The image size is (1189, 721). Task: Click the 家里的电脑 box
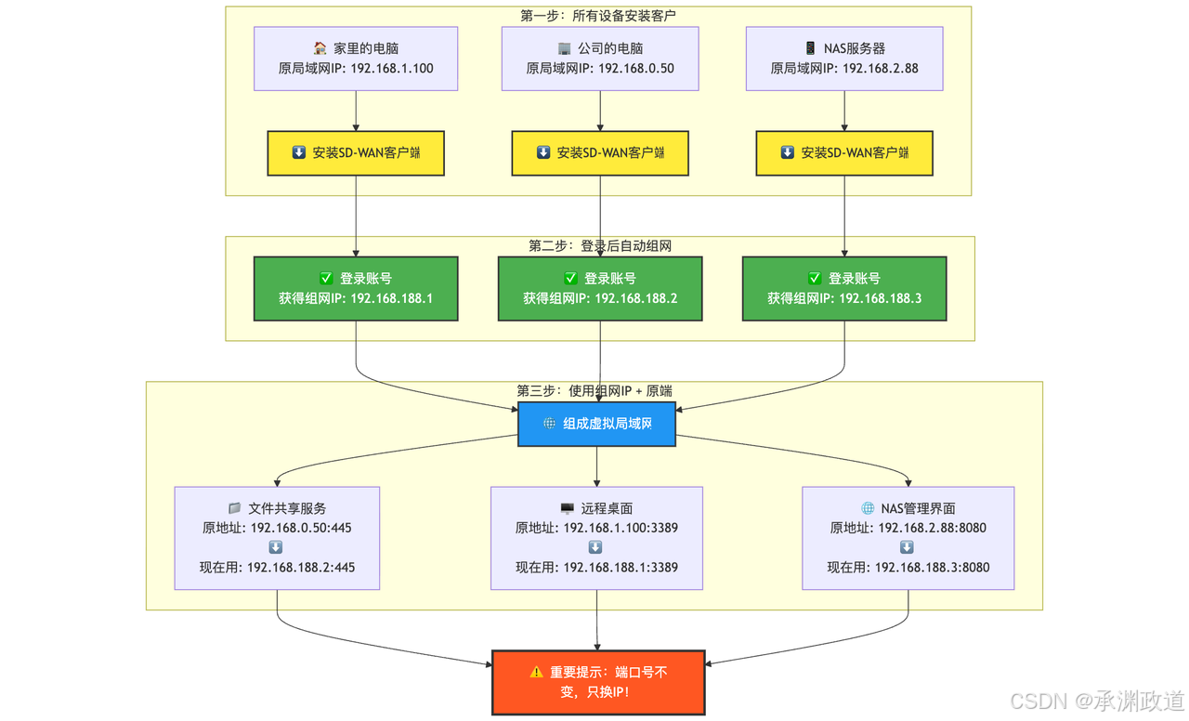(x=356, y=59)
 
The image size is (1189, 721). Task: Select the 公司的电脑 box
(x=600, y=59)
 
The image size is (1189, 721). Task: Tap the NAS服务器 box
(x=844, y=59)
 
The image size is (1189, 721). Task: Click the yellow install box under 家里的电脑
(x=356, y=153)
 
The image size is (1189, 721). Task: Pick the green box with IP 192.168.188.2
(x=600, y=289)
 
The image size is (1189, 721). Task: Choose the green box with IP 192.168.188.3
(x=844, y=289)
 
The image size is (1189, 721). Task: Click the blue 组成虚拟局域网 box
(x=596, y=424)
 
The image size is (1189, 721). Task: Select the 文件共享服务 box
(x=277, y=538)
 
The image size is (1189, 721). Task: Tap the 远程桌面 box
(x=596, y=538)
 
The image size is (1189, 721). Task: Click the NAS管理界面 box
(x=908, y=538)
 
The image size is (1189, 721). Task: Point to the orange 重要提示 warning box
(x=598, y=683)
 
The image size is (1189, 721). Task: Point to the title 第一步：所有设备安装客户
(x=598, y=16)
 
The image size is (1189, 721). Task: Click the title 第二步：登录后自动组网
(x=600, y=246)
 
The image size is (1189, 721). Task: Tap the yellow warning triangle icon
(x=537, y=672)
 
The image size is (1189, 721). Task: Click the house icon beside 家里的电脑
(x=320, y=48)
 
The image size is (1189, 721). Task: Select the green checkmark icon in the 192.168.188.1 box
(x=326, y=278)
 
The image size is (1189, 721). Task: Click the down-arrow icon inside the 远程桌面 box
(x=595, y=547)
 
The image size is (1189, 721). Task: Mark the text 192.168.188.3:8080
(x=932, y=568)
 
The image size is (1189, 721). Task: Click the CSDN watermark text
(x=1097, y=701)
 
